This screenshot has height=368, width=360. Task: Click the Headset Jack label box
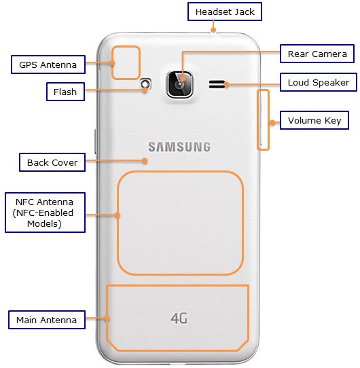[225, 12]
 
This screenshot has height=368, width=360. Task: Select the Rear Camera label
[317, 54]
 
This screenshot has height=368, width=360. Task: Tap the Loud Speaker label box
[319, 82]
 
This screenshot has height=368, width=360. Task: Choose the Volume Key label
[314, 120]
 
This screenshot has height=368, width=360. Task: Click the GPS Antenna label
[48, 65]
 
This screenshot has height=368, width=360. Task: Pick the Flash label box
[65, 92]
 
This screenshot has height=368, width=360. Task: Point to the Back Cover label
[52, 162]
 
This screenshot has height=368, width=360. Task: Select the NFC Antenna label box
[45, 213]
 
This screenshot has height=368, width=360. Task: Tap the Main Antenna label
[46, 320]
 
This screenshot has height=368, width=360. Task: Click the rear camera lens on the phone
[179, 85]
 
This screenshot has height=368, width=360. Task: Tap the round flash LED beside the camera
[145, 84]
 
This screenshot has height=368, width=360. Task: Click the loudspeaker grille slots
[217, 84]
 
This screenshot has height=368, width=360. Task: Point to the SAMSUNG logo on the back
[179, 147]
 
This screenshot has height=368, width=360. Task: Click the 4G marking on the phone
[179, 318]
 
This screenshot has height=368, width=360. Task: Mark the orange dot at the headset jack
[213, 30]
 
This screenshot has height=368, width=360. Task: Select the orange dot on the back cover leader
[145, 160]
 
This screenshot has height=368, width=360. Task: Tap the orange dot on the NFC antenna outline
[118, 215]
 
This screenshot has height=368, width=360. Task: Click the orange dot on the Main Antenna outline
[107, 318]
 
